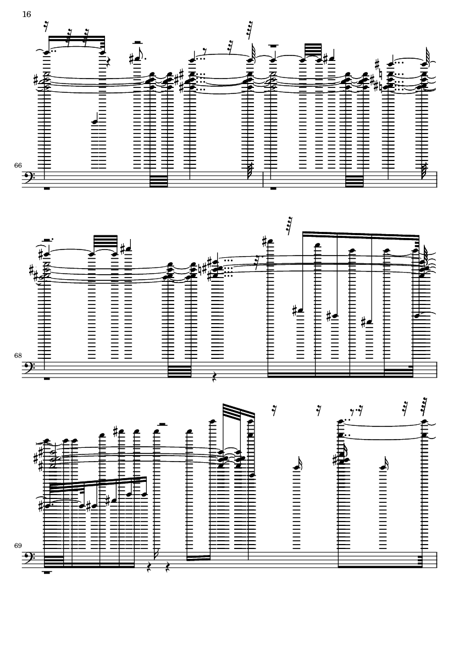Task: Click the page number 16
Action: pos(26,14)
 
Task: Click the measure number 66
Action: pos(18,165)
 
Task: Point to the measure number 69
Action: pos(18,546)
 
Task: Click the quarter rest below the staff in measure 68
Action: pos(215,376)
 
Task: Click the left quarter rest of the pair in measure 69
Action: pos(150,567)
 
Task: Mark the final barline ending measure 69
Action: pos(436,559)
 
